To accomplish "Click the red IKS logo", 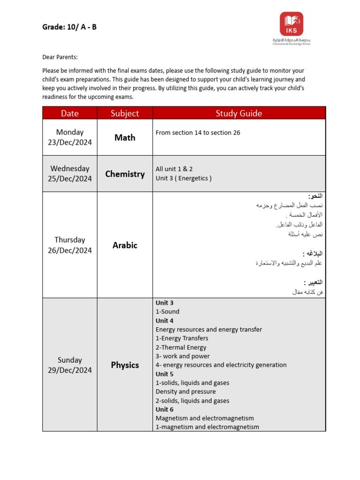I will click(x=292, y=24).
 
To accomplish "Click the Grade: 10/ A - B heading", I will click(x=69, y=27).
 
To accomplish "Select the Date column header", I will click(x=70, y=113).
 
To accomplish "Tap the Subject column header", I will click(x=125, y=113).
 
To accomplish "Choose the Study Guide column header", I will click(x=239, y=113).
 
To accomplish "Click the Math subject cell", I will click(x=125, y=137).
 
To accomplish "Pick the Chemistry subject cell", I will click(x=125, y=174).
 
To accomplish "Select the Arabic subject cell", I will click(x=125, y=245).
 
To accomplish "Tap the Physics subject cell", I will click(x=125, y=365).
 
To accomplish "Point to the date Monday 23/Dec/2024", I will click(x=70, y=137).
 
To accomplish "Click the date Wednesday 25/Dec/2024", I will click(x=70, y=173).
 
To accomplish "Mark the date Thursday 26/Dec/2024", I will click(x=70, y=245).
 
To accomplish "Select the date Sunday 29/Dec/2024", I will click(x=70, y=365).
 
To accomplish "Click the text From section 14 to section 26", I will click(x=198, y=133).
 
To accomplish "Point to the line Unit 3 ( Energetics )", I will click(x=183, y=178).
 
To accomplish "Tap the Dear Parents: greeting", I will click(x=60, y=57).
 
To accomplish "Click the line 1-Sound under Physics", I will click(x=167, y=312).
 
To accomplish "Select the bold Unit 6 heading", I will click(x=165, y=409).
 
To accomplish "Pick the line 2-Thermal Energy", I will click(x=181, y=347).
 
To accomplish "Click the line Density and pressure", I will click(x=186, y=391).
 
